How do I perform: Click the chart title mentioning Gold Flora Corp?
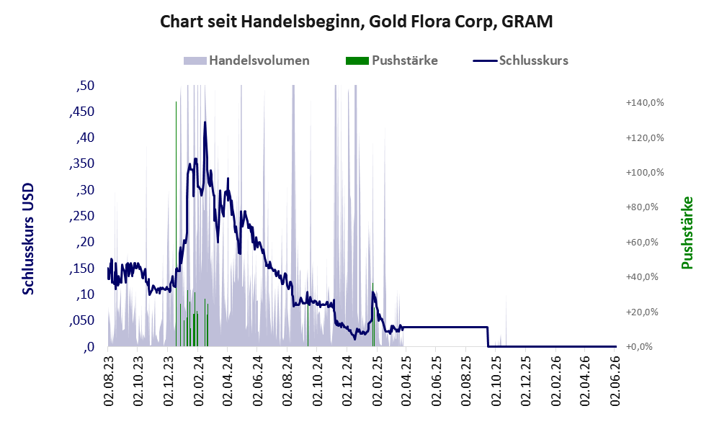pos(357,22)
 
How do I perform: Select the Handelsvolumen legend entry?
pos(246,60)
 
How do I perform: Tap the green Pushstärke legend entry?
pos(392,60)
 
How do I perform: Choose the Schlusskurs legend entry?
pos(520,60)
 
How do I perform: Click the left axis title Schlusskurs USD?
pos(28,239)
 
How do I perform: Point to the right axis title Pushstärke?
pos(687,233)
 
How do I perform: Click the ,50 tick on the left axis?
pos(85,86)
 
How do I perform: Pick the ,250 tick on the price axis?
pos(82,216)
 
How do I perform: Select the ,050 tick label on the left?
pos(82,321)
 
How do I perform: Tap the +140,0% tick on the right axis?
pos(645,103)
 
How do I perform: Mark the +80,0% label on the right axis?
pos(642,207)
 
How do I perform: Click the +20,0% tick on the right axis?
pos(642,312)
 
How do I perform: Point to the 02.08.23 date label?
pos(108,381)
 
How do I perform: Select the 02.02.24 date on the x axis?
pos(197,381)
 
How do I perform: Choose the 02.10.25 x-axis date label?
pos(496,381)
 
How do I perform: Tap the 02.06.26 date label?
pos(615,381)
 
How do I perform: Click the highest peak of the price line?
pos(205,122)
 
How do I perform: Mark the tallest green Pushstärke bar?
pos(177,224)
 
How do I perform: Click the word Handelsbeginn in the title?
pos(303,22)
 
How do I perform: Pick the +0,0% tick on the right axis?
pos(639,347)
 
